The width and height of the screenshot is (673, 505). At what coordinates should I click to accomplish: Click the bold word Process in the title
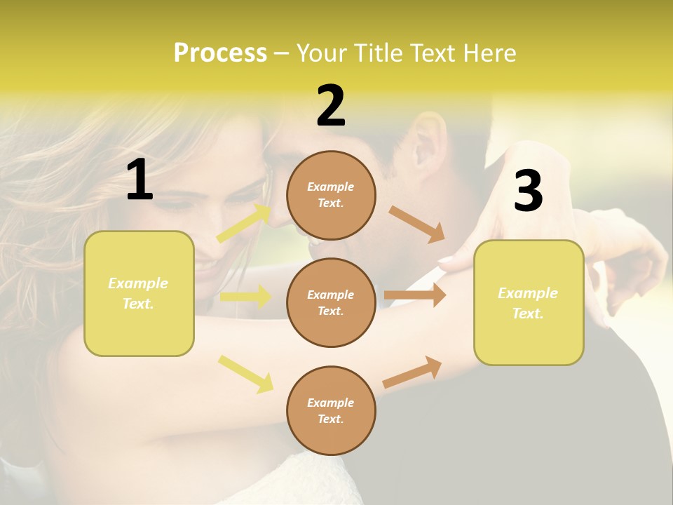pyautogui.click(x=220, y=53)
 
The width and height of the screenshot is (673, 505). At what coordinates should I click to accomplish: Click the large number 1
pyautogui.click(x=140, y=180)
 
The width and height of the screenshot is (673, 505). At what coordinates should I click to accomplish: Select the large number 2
pyautogui.click(x=331, y=106)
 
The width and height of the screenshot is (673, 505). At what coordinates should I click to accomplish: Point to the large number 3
pyautogui.click(x=528, y=191)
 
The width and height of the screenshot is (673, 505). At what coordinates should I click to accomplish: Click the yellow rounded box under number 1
pyautogui.click(x=139, y=293)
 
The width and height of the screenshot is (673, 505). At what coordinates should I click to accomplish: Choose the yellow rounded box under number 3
pyautogui.click(x=529, y=302)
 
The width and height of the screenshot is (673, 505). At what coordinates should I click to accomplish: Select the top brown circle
pyautogui.click(x=331, y=195)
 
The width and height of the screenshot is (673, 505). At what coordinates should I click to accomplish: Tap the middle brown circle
pyautogui.click(x=331, y=302)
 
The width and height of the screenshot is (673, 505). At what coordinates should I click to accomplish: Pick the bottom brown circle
pyautogui.click(x=331, y=410)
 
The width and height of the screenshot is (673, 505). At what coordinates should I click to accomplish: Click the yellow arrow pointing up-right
pyautogui.click(x=244, y=224)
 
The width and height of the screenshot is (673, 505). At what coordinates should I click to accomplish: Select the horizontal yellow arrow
pyautogui.click(x=245, y=297)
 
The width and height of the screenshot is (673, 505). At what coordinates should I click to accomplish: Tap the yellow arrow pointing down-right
pyautogui.click(x=245, y=374)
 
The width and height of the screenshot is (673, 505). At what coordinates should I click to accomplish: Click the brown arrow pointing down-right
pyautogui.click(x=417, y=224)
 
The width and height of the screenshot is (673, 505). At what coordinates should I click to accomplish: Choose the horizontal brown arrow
pyautogui.click(x=414, y=295)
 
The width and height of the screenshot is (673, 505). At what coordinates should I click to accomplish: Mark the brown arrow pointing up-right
pyautogui.click(x=412, y=372)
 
